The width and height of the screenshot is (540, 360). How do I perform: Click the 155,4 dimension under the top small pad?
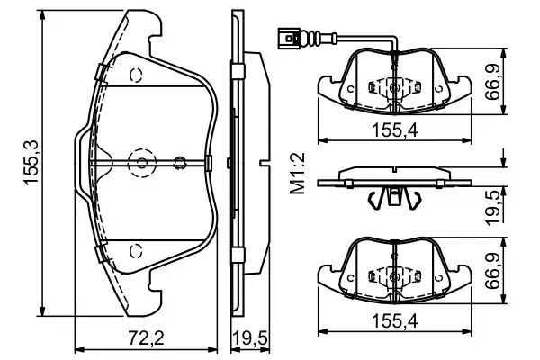[396, 130]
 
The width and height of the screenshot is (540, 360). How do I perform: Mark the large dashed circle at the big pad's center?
[142, 162]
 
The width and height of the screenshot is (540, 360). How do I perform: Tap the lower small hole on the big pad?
[135, 249]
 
